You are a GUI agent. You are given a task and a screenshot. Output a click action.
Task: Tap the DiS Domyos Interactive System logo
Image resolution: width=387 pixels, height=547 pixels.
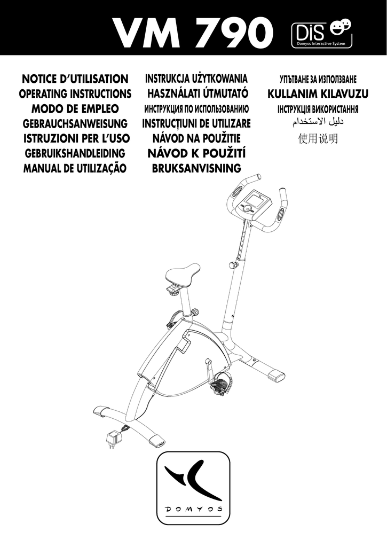[x=321, y=34]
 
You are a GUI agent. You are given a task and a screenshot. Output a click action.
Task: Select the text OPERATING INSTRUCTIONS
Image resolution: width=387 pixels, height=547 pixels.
[x=75, y=94]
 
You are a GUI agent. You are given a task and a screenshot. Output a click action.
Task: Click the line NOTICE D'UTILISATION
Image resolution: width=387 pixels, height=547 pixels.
[x=75, y=79]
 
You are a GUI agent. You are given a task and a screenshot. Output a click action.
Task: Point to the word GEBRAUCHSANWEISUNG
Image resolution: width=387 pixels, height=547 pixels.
[x=75, y=123]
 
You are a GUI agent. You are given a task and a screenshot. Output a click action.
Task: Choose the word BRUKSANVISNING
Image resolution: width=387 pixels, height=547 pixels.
[x=196, y=168]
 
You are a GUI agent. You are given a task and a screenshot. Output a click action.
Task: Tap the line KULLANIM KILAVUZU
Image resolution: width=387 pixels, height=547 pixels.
[x=318, y=94]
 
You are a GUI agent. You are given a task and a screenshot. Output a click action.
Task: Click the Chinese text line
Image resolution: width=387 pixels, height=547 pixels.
[x=318, y=139]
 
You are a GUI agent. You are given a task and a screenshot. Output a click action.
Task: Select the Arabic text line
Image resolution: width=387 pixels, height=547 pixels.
[x=318, y=122]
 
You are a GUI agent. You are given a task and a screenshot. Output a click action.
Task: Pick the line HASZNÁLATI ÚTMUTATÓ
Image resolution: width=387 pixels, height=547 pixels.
[x=197, y=93]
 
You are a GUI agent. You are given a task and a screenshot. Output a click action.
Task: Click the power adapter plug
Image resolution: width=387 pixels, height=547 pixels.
[x=113, y=439]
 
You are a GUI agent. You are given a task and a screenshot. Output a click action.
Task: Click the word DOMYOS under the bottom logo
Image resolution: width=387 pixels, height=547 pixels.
[x=193, y=509]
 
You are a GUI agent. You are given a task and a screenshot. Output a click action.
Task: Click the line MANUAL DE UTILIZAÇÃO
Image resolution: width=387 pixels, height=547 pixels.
[x=75, y=168]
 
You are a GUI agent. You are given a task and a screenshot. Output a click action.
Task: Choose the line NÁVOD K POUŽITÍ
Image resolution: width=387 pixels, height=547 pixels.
[x=196, y=153]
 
